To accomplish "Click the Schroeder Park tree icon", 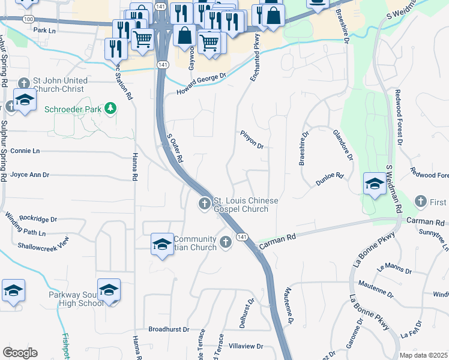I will (110, 109).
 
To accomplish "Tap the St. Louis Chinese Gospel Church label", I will (246, 205).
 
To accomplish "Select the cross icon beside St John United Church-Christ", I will (24, 83).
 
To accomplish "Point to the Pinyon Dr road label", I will (252, 140).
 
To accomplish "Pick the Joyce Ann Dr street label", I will (29, 175).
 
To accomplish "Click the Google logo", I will (20, 352).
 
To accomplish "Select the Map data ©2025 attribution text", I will (423, 355).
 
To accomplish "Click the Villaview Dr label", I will (247, 346).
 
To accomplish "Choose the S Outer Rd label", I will (174, 150).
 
